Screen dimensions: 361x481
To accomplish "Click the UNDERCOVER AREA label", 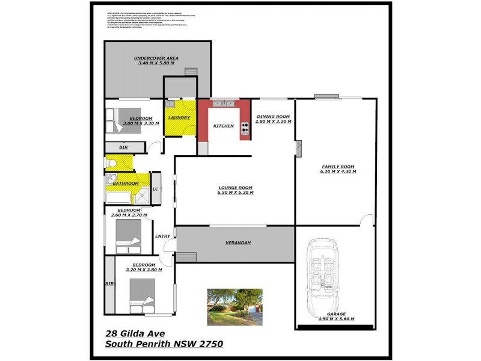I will pos(156,58).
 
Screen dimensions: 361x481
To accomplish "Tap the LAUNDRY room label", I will pos(179,117).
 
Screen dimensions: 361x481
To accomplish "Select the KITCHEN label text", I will pos(224,126).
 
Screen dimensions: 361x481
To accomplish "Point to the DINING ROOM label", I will pos(274,116).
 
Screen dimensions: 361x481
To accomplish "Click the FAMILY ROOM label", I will pos(339,166).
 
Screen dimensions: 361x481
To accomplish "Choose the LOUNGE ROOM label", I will pos(235,188).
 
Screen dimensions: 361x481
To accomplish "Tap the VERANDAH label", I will pos(238,242).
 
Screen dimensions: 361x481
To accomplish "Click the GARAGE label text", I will pos(336,314).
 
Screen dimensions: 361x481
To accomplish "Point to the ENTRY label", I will pos(162,236).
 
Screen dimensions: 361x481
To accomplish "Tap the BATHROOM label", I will pos(126,183).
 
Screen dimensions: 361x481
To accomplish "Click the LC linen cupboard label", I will pos(155,189).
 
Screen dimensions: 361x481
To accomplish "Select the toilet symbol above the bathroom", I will pos(111,162).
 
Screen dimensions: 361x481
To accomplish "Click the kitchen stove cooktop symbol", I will pos(245,127).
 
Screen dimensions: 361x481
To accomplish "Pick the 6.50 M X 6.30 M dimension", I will pos(235,193).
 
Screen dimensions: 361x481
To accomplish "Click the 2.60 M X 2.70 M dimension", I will pos(129,215).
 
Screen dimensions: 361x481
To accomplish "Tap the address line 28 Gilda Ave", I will pos(136,333).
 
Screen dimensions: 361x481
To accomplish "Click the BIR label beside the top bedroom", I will pos(123,147).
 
